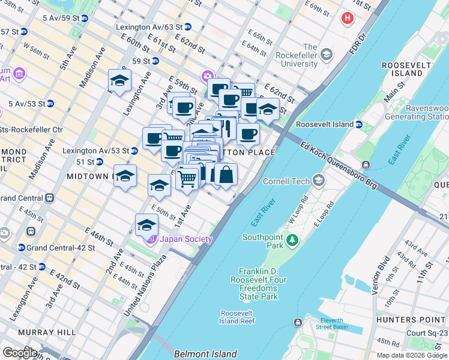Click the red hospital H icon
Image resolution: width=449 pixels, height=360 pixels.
pos(347,19)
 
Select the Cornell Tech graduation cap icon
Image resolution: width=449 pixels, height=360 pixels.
pos(318,181)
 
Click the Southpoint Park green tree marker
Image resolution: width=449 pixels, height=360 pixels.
pos(292,241)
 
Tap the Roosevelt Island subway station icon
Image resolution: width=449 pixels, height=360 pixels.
pos(358,125)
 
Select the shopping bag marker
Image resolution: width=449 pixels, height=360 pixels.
pos(226,175)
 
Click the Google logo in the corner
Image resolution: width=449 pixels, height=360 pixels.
pos(19,352)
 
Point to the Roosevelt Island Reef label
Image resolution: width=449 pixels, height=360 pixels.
pos(238,317)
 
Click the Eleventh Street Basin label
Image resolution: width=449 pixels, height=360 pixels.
pos(340,324)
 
